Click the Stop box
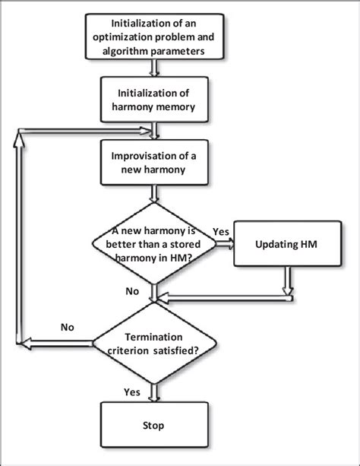[155, 425]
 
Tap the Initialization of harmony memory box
[155, 100]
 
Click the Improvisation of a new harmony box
[155, 163]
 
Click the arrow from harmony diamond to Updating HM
[225, 245]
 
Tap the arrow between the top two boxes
[155, 68]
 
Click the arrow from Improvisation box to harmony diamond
[155, 194]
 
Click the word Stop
[155, 425]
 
